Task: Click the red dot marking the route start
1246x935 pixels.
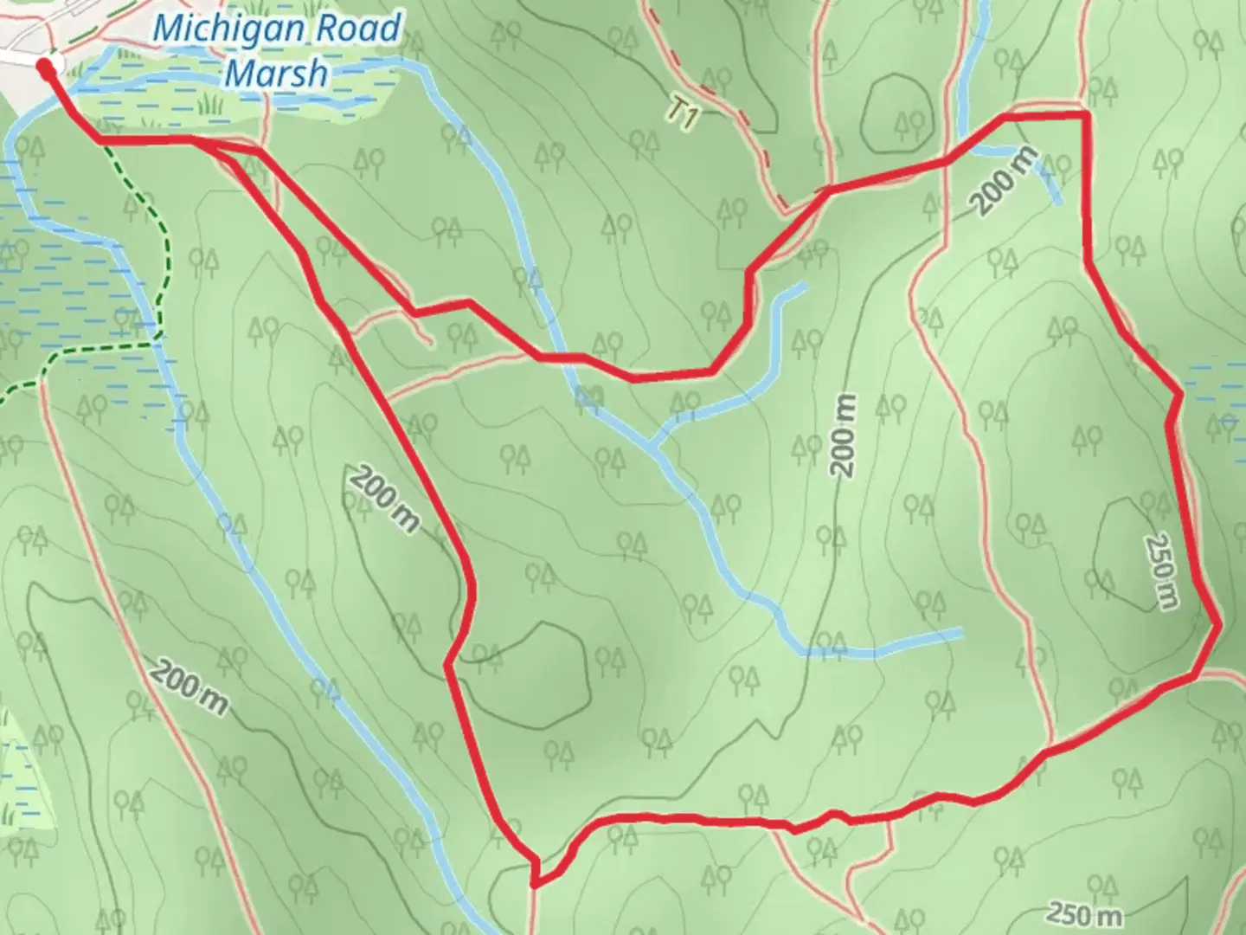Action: [x=45, y=66]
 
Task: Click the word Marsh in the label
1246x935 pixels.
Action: [x=276, y=74]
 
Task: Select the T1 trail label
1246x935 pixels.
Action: [x=683, y=113]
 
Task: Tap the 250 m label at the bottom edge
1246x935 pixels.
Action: [x=1083, y=913]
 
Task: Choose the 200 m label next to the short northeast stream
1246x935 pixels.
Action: [x=1003, y=181]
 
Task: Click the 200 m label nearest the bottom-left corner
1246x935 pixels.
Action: [x=190, y=686]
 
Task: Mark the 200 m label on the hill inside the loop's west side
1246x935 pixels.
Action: [x=383, y=498]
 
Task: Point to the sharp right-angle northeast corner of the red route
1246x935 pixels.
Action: [x=1085, y=114]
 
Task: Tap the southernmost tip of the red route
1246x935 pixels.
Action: [x=534, y=886]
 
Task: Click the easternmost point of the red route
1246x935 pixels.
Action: [x=1218, y=623]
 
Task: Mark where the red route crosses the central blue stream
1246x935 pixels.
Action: [x=558, y=356]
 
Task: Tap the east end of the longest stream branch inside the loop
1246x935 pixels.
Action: [x=961, y=633]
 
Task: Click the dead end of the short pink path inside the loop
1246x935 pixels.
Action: [x=430, y=345]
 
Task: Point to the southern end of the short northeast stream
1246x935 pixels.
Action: [x=1060, y=202]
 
